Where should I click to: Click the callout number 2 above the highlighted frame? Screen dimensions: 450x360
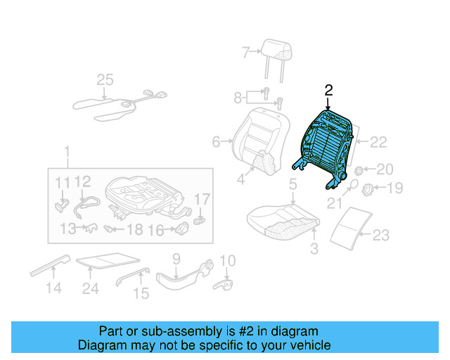tap(328, 90)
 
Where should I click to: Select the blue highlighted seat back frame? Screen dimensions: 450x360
tap(326, 144)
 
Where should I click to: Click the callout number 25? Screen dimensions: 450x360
tap(105, 80)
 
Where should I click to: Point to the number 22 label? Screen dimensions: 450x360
tap(378, 142)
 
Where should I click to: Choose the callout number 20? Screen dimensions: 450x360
tap(385, 169)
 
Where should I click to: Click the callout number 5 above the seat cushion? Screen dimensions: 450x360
tap(292, 185)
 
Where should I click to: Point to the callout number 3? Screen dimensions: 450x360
tap(314, 247)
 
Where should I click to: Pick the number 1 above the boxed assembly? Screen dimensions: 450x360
tap(67, 152)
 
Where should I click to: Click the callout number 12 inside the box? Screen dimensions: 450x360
tap(83, 182)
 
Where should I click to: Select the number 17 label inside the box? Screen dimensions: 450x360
tap(202, 199)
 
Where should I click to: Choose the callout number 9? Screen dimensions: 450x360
tap(176, 258)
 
